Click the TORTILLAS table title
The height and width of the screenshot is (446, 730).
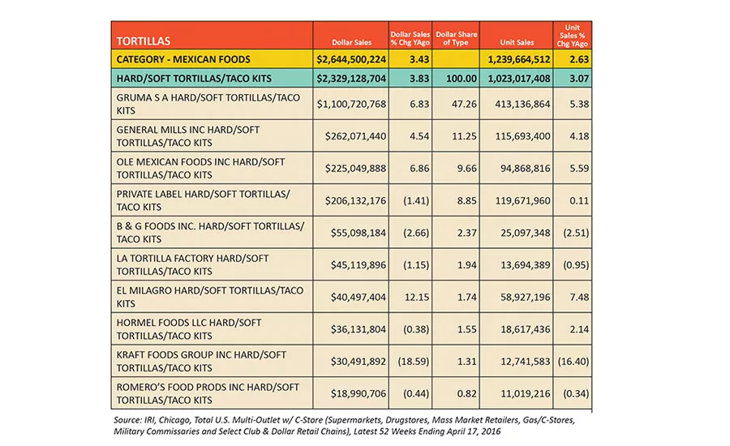coord(144,41)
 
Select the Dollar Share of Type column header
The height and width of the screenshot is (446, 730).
coord(456,38)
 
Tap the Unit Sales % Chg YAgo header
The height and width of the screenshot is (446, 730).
coord(572,36)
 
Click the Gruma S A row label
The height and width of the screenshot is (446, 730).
coord(208,104)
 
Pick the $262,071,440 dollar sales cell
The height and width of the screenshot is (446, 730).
coord(356,136)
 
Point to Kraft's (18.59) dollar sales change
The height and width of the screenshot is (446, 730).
coord(414,362)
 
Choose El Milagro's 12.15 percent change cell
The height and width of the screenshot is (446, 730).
coord(417,297)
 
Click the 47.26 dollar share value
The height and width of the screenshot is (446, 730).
coord(464,104)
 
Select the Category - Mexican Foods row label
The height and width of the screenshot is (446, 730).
coord(183,59)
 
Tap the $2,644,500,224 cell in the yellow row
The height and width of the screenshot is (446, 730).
coord(351,59)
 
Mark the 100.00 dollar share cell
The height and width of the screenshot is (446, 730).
coord(462,78)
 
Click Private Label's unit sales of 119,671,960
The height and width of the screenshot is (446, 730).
coord(522,200)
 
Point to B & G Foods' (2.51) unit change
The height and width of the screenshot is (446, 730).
coord(576,233)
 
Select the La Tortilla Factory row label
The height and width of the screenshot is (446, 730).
coord(193,265)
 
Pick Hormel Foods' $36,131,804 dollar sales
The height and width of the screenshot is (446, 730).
coord(359,329)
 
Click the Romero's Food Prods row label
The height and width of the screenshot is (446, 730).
coord(208,393)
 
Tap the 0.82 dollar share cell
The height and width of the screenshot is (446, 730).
coord(467,393)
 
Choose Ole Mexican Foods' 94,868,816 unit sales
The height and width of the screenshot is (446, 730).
coord(525,168)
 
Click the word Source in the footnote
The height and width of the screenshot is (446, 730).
coord(127,420)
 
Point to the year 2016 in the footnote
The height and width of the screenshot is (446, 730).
coord(492,431)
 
